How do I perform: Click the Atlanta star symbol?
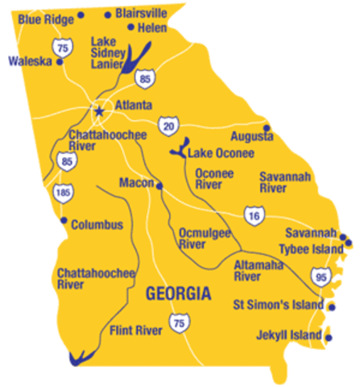click(x=100, y=111)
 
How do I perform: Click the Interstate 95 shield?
click(x=322, y=277)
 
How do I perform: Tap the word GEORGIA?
click(x=178, y=293)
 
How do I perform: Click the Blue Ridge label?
click(x=44, y=17)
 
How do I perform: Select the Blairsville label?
click(x=141, y=13)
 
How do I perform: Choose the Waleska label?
click(x=30, y=60)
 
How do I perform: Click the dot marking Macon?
click(x=159, y=185)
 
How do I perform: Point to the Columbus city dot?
click(x=64, y=220)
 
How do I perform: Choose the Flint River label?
click(x=134, y=330)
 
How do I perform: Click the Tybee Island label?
click(x=308, y=248)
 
